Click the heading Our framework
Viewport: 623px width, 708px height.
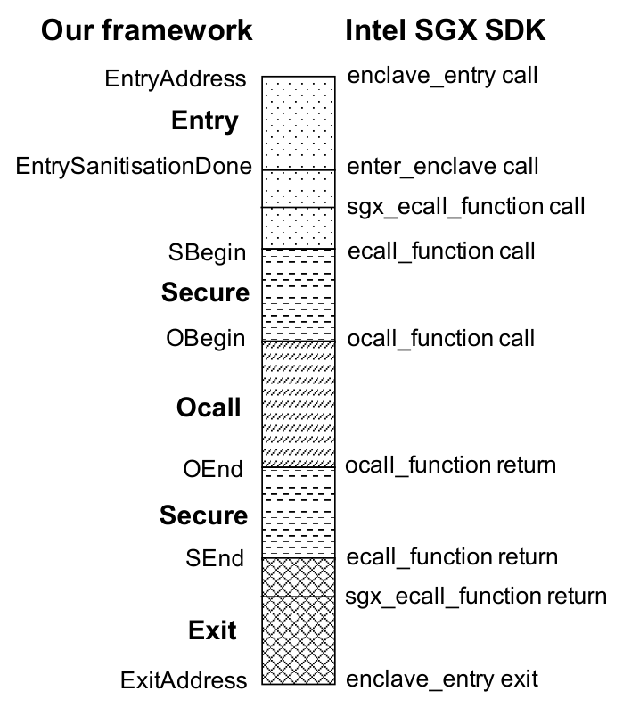pyautogui.click(x=147, y=30)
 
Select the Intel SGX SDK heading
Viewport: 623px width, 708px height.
pyautogui.click(x=446, y=30)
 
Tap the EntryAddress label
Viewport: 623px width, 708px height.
pyautogui.click(x=176, y=79)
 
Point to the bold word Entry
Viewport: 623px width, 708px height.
pyautogui.click(x=204, y=121)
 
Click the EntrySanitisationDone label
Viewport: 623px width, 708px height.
pyautogui.click(x=134, y=166)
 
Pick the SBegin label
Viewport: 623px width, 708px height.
pyautogui.click(x=207, y=253)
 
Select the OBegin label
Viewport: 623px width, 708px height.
pyautogui.click(x=206, y=339)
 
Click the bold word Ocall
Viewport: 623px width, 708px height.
pyautogui.click(x=209, y=408)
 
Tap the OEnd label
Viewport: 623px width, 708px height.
pyautogui.click(x=213, y=469)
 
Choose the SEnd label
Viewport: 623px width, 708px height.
pyautogui.click(x=215, y=558)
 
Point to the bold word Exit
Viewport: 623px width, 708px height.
pyautogui.click(x=212, y=630)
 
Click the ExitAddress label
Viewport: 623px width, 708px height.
pyautogui.click(x=184, y=680)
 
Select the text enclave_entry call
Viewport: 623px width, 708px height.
pyautogui.click(x=442, y=76)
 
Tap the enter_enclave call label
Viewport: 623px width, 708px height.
pyautogui.click(x=442, y=166)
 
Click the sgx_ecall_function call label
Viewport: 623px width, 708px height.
pyautogui.click(x=466, y=207)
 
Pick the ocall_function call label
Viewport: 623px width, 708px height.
pyautogui.click(x=441, y=338)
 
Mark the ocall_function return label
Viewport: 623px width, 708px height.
pyautogui.click(x=451, y=465)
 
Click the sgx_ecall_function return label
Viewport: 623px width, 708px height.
pyautogui.click(x=476, y=597)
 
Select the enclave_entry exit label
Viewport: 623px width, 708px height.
pyautogui.click(x=442, y=679)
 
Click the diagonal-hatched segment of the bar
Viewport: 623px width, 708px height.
pyautogui.click(x=299, y=404)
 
